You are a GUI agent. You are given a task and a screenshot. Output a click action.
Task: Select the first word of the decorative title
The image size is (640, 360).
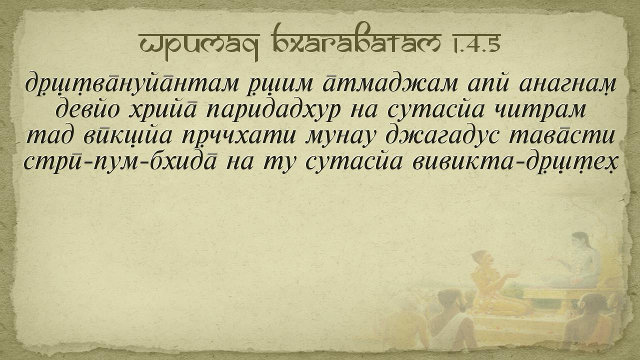click(x=199, y=45)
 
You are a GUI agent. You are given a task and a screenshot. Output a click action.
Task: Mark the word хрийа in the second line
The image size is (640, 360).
click(x=163, y=109)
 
